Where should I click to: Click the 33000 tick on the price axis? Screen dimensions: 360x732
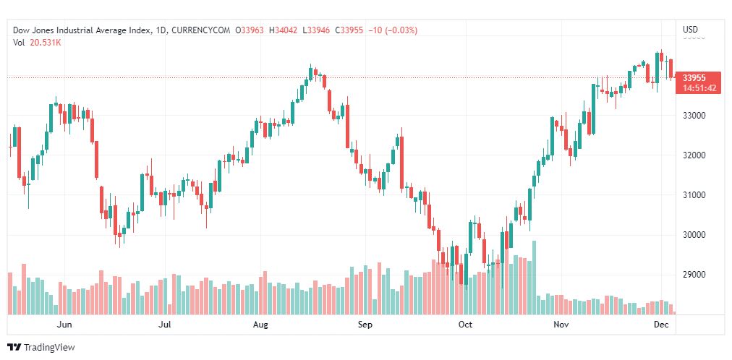click(x=694, y=116)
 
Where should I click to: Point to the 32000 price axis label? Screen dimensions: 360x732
click(x=694, y=155)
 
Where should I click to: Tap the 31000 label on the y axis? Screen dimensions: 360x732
click(x=694, y=195)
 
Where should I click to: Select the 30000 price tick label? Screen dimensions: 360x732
click(x=694, y=235)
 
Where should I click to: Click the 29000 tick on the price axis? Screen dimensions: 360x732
click(x=694, y=275)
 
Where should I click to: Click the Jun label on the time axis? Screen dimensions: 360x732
click(x=65, y=325)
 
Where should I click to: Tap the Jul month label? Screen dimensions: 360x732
click(x=165, y=325)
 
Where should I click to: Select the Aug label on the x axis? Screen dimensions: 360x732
click(x=261, y=325)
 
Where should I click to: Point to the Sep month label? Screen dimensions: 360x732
click(x=365, y=325)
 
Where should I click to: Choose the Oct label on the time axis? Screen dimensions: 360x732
click(x=465, y=325)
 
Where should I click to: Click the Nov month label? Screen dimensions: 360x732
click(x=561, y=325)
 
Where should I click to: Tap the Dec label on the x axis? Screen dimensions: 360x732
click(x=660, y=325)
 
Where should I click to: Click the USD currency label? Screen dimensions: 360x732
click(x=691, y=30)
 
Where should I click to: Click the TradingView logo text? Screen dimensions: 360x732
click(x=48, y=348)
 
